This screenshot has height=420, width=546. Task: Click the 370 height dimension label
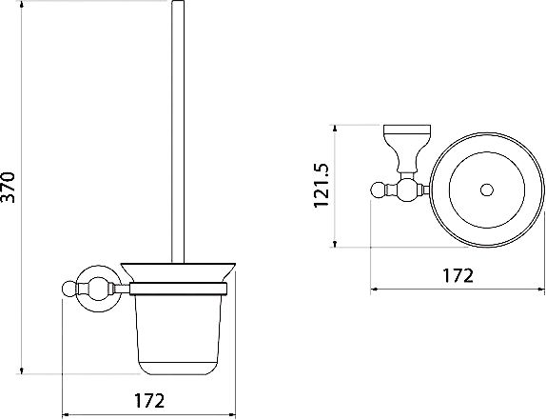pos(9,188)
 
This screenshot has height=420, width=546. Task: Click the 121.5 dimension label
pos(322,186)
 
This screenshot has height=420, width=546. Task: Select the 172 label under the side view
pos(149,401)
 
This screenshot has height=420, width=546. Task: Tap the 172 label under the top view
pos(458,275)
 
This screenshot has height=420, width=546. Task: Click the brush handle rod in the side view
pos(178,131)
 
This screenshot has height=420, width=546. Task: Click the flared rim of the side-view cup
pos(178,271)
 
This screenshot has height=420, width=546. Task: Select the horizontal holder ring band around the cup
pos(179,289)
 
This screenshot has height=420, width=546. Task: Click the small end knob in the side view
pos(69,289)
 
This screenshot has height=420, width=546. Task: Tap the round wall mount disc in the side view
pos(99,289)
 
